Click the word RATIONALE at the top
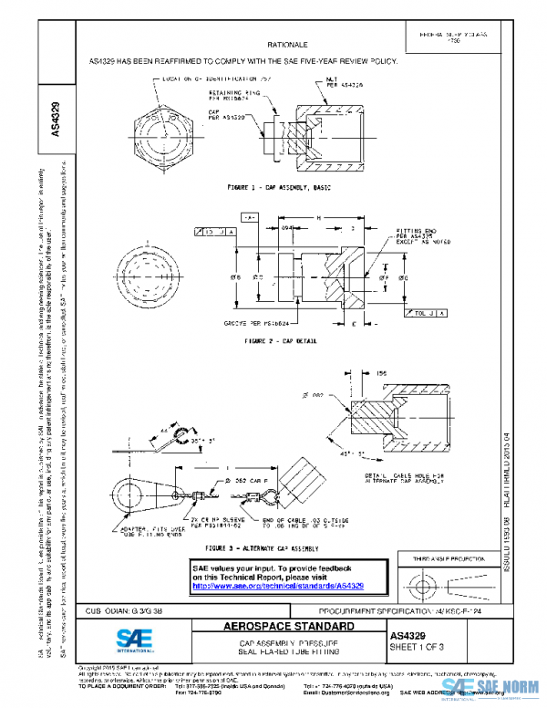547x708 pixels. coord(287,44)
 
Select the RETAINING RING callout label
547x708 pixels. coord(240,95)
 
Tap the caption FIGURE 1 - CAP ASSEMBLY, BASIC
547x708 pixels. coord(280,187)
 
